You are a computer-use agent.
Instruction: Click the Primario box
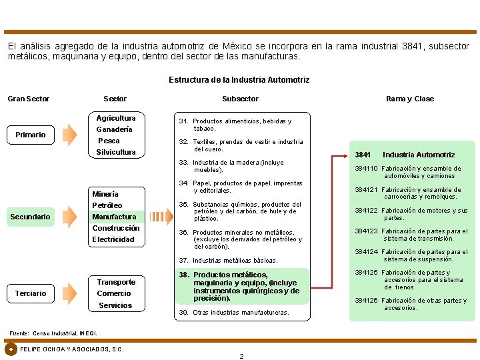click(31, 135)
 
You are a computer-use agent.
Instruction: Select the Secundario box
click(31, 217)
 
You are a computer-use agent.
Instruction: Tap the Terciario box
click(31, 293)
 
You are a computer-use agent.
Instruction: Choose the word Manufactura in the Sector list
click(114, 217)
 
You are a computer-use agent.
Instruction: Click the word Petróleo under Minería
click(107, 205)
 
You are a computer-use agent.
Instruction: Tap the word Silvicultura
click(116, 152)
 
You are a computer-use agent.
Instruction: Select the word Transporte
click(116, 282)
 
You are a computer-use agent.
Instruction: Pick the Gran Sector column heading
click(29, 99)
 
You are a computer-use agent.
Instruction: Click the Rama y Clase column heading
click(409, 99)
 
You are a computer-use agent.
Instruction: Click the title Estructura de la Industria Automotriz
click(239, 80)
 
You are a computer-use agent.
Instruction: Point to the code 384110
click(366, 169)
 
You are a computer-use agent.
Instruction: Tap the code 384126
click(366, 301)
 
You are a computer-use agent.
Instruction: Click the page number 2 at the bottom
click(241, 356)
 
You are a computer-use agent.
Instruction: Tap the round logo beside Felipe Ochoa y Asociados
click(11, 349)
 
